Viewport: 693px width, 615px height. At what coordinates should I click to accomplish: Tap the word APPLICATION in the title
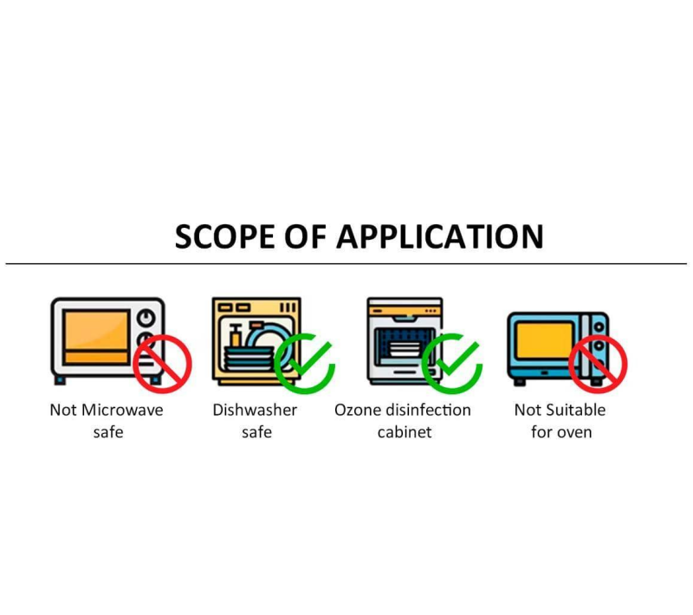pos(439,236)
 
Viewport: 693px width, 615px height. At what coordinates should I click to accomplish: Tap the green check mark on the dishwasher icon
pos(304,362)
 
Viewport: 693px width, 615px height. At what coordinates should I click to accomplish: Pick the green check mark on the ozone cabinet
pos(451,362)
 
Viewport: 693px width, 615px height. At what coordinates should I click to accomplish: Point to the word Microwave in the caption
pos(122,410)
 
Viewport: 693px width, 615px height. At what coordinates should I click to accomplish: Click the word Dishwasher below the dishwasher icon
pos(255,410)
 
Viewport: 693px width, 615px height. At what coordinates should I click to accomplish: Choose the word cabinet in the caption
pos(404,431)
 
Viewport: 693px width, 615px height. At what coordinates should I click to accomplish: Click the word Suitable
pos(577,410)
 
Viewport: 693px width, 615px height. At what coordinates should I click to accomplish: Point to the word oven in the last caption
pos(573,431)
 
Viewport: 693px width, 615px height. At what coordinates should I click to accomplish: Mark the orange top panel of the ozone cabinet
pos(405,308)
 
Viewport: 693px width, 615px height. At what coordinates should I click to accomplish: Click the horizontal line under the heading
pos(346,263)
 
